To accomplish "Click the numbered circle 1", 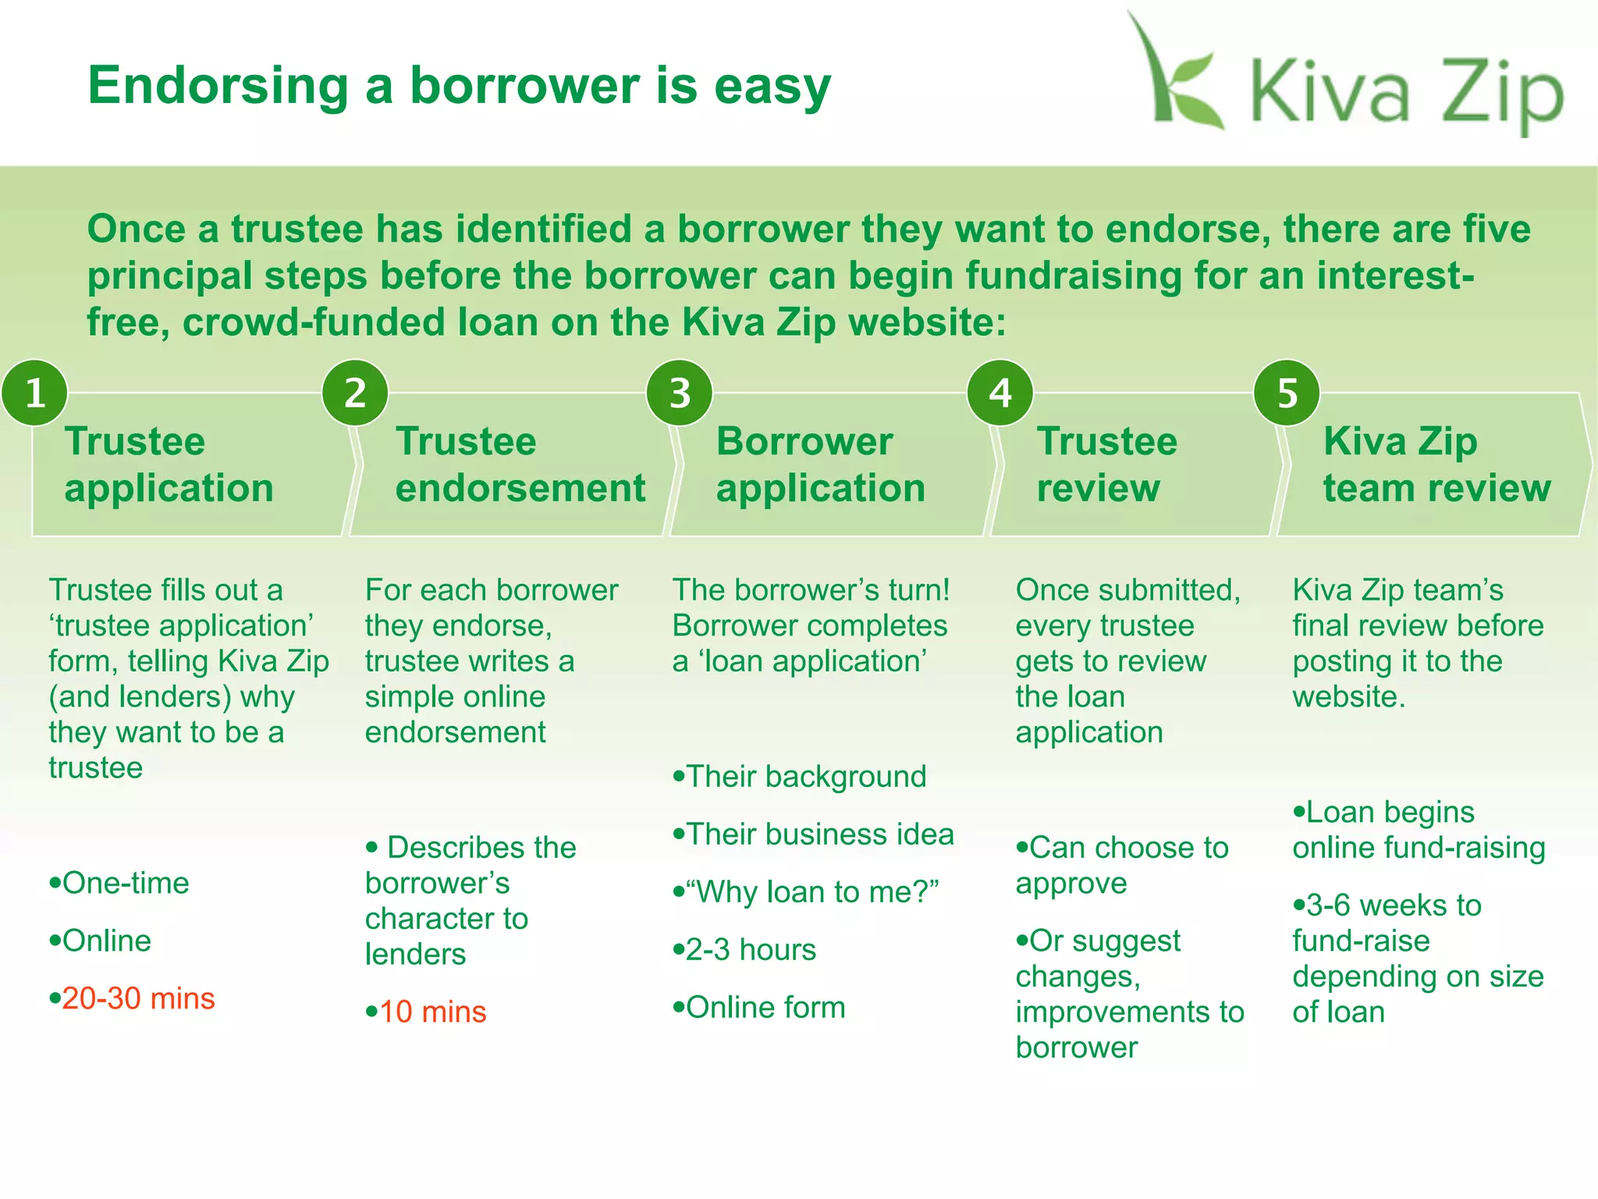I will (x=34, y=393).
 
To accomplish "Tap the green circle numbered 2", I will (x=355, y=393).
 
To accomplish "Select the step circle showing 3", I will (x=680, y=393).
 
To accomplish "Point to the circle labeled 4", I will (x=1000, y=393).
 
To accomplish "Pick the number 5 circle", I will (x=1287, y=393).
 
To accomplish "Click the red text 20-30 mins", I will (x=137, y=998).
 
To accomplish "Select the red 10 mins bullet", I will (x=431, y=1012).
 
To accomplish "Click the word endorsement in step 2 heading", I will (x=520, y=489).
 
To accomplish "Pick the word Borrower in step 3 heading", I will (x=804, y=442).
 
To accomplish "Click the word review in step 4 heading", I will (x=1098, y=489).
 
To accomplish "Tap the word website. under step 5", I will (x=1348, y=696).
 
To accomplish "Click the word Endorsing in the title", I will (x=218, y=86).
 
